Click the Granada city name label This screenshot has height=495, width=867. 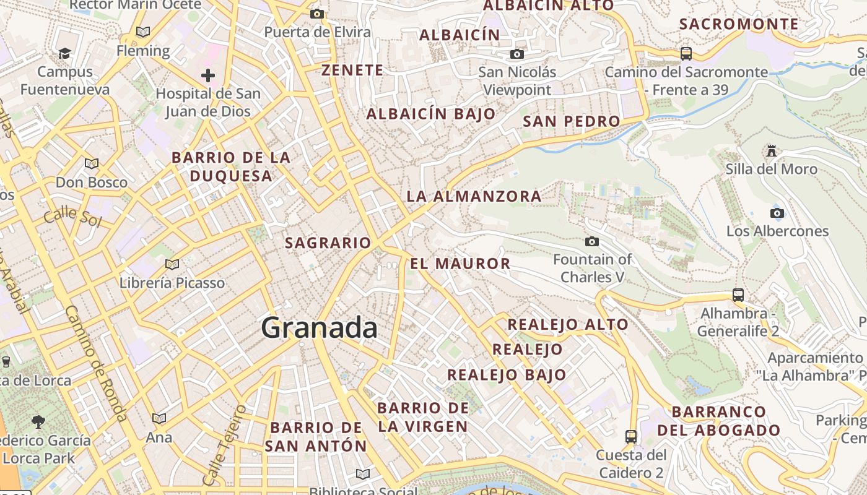point(319,327)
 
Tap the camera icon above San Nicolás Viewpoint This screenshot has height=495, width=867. point(517,54)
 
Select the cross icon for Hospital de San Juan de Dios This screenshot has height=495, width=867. point(208,75)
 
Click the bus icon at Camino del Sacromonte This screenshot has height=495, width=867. point(686,54)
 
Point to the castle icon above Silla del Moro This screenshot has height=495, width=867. point(771,150)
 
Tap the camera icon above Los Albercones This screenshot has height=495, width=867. point(777,213)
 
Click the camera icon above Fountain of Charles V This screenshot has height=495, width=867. point(592,241)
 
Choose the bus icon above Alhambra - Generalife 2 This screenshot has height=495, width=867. point(738,295)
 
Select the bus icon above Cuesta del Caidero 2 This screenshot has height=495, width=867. point(630,437)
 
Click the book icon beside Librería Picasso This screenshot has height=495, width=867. point(172,265)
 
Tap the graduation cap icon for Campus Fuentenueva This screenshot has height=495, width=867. point(64,54)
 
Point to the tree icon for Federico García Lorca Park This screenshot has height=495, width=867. point(38,422)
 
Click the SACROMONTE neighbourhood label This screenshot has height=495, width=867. point(739,24)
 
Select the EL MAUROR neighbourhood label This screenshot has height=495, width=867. point(460,264)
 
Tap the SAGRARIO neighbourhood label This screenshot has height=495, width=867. point(328,243)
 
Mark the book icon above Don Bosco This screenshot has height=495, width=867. point(92,164)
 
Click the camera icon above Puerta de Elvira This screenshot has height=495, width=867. point(317,14)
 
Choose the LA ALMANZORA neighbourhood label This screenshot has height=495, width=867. point(474,197)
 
